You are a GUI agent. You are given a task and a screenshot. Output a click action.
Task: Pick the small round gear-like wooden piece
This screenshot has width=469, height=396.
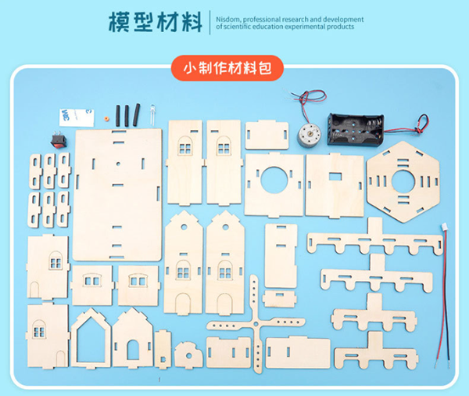[x=188, y=354]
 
